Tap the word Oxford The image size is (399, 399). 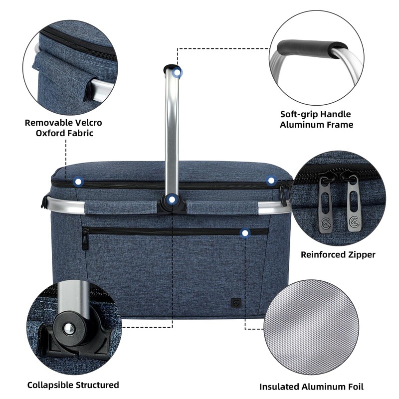[x=49, y=133]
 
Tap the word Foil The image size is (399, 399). [x=354, y=387]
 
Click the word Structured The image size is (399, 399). [x=97, y=385]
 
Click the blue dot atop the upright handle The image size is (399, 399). [x=177, y=73]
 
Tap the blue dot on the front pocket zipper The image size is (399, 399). [x=245, y=233]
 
